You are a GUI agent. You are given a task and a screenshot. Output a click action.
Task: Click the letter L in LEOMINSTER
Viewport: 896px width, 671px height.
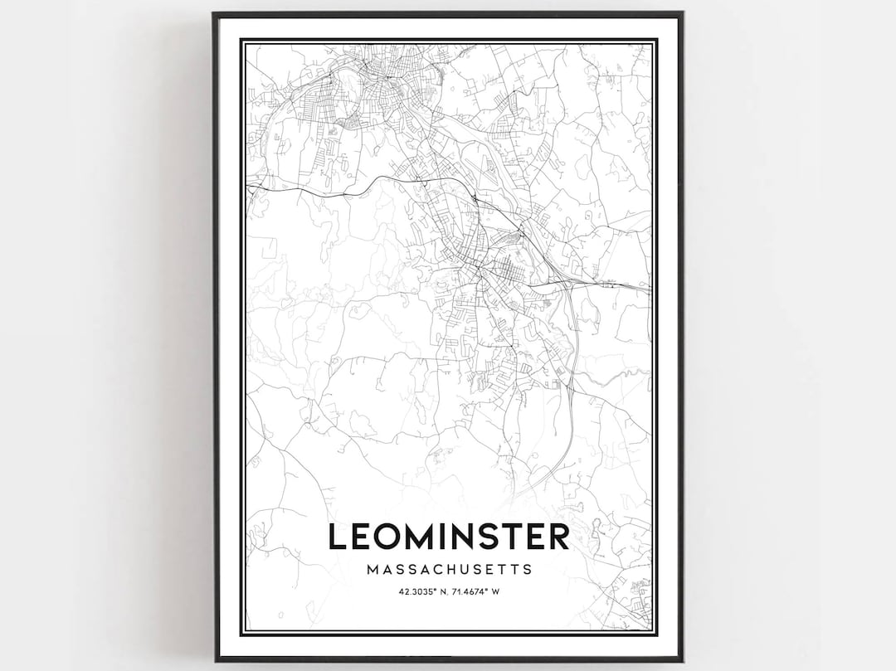(338, 536)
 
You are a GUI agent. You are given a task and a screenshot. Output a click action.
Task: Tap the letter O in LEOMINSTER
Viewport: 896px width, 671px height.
(387, 536)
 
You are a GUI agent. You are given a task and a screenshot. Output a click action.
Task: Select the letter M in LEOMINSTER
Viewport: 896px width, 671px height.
(420, 536)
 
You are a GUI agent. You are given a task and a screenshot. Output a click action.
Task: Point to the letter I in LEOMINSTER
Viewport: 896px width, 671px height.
(445, 536)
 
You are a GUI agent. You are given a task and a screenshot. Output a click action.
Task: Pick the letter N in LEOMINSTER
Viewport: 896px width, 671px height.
(465, 536)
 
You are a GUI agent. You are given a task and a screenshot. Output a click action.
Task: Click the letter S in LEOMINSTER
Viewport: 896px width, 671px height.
(494, 536)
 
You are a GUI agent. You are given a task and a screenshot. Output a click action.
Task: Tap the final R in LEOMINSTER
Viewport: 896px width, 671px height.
(559, 536)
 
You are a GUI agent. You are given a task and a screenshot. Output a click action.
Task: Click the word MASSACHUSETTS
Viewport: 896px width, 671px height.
(448, 570)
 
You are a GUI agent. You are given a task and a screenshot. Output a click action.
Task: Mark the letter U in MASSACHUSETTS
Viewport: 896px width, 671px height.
(469, 570)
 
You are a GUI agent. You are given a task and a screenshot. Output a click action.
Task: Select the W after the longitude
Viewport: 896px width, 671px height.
(495, 591)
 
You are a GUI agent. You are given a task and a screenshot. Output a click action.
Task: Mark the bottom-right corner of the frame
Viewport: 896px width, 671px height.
(681, 659)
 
